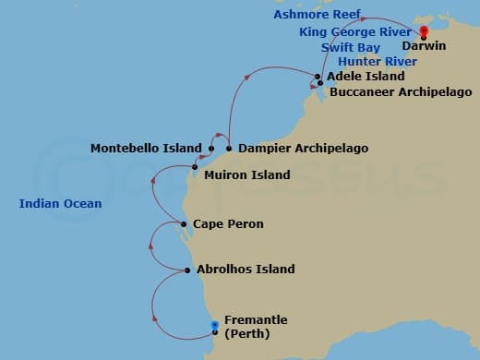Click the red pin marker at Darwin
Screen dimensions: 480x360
(x=424, y=30)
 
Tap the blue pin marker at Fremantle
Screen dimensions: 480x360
(x=214, y=324)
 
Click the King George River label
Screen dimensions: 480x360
(x=355, y=31)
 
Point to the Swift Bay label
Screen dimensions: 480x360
(x=351, y=47)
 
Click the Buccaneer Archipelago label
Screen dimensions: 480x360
(x=401, y=92)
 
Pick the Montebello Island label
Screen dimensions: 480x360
(x=146, y=148)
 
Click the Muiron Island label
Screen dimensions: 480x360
(x=246, y=174)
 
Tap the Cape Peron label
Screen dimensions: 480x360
(x=228, y=224)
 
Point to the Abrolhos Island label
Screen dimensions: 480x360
(x=246, y=270)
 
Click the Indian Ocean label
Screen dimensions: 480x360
(x=60, y=203)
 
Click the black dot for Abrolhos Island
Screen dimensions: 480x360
(x=187, y=270)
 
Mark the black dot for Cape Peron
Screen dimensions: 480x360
(x=185, y=224)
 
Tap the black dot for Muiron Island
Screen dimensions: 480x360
(x=195, y=167)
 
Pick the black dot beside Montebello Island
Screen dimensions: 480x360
(x=211, y=148)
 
